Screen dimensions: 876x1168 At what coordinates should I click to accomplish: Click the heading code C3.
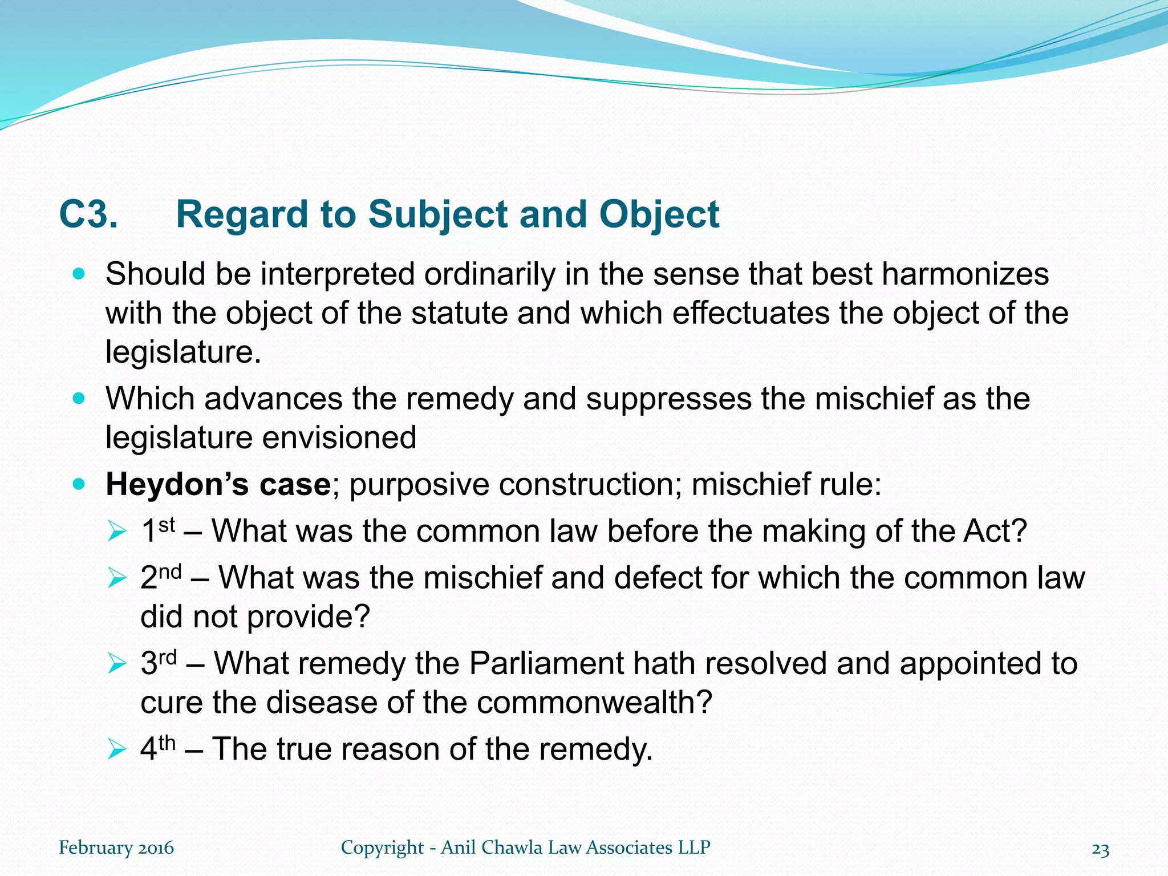(x=88, y=215)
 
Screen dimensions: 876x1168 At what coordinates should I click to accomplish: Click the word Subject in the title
(x=439, y=215)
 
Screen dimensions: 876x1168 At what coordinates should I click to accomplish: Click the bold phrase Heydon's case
(x=218, y=485)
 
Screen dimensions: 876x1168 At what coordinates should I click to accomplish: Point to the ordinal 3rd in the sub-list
(x=159, y=663)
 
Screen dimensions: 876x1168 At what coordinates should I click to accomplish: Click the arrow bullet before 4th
(x=116, y=749)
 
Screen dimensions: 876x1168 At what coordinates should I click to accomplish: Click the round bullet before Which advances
(x=79, y=398)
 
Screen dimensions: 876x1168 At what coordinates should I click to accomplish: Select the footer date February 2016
(x=116, y=847)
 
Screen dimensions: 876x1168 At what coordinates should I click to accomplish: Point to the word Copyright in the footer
(x=382, y=847)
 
